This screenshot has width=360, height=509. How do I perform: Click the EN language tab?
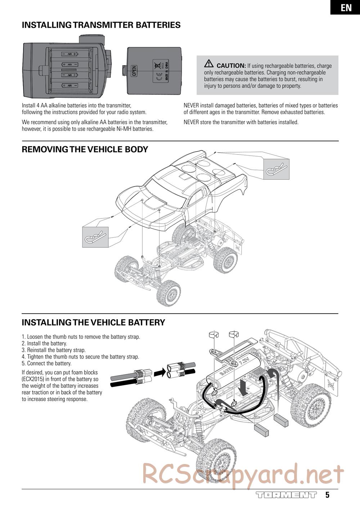click(346, 7)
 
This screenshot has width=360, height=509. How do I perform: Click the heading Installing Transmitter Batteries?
click(101, 25)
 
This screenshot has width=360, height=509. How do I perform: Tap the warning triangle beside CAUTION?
click(209, 63)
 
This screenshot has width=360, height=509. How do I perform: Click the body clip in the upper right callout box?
click(276, 169)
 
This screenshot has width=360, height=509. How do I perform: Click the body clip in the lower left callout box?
click(95, 237)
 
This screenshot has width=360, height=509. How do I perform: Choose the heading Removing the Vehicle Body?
click(85, 149)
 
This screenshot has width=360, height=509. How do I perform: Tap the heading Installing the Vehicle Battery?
click(93, 322)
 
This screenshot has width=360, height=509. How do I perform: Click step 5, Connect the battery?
click(47, 364)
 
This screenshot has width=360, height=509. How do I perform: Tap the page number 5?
click(327, 495)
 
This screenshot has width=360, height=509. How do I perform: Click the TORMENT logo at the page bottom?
click(286, 495)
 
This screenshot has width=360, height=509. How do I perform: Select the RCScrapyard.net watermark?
click(243, 474)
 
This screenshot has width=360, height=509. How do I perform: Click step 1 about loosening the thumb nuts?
click(81, 337)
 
